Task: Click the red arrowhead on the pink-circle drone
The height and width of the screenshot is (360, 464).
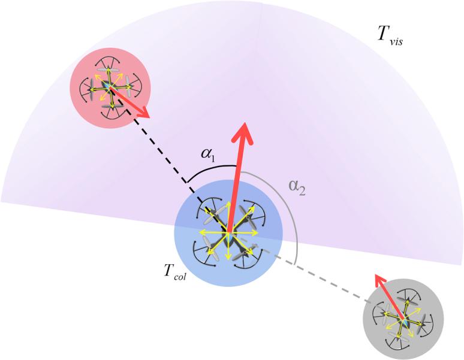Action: (x=143, y=112)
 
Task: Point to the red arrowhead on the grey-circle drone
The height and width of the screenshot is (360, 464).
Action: (x=378, y=279)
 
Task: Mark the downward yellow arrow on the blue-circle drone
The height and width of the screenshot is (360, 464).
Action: (x=228, y=255)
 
